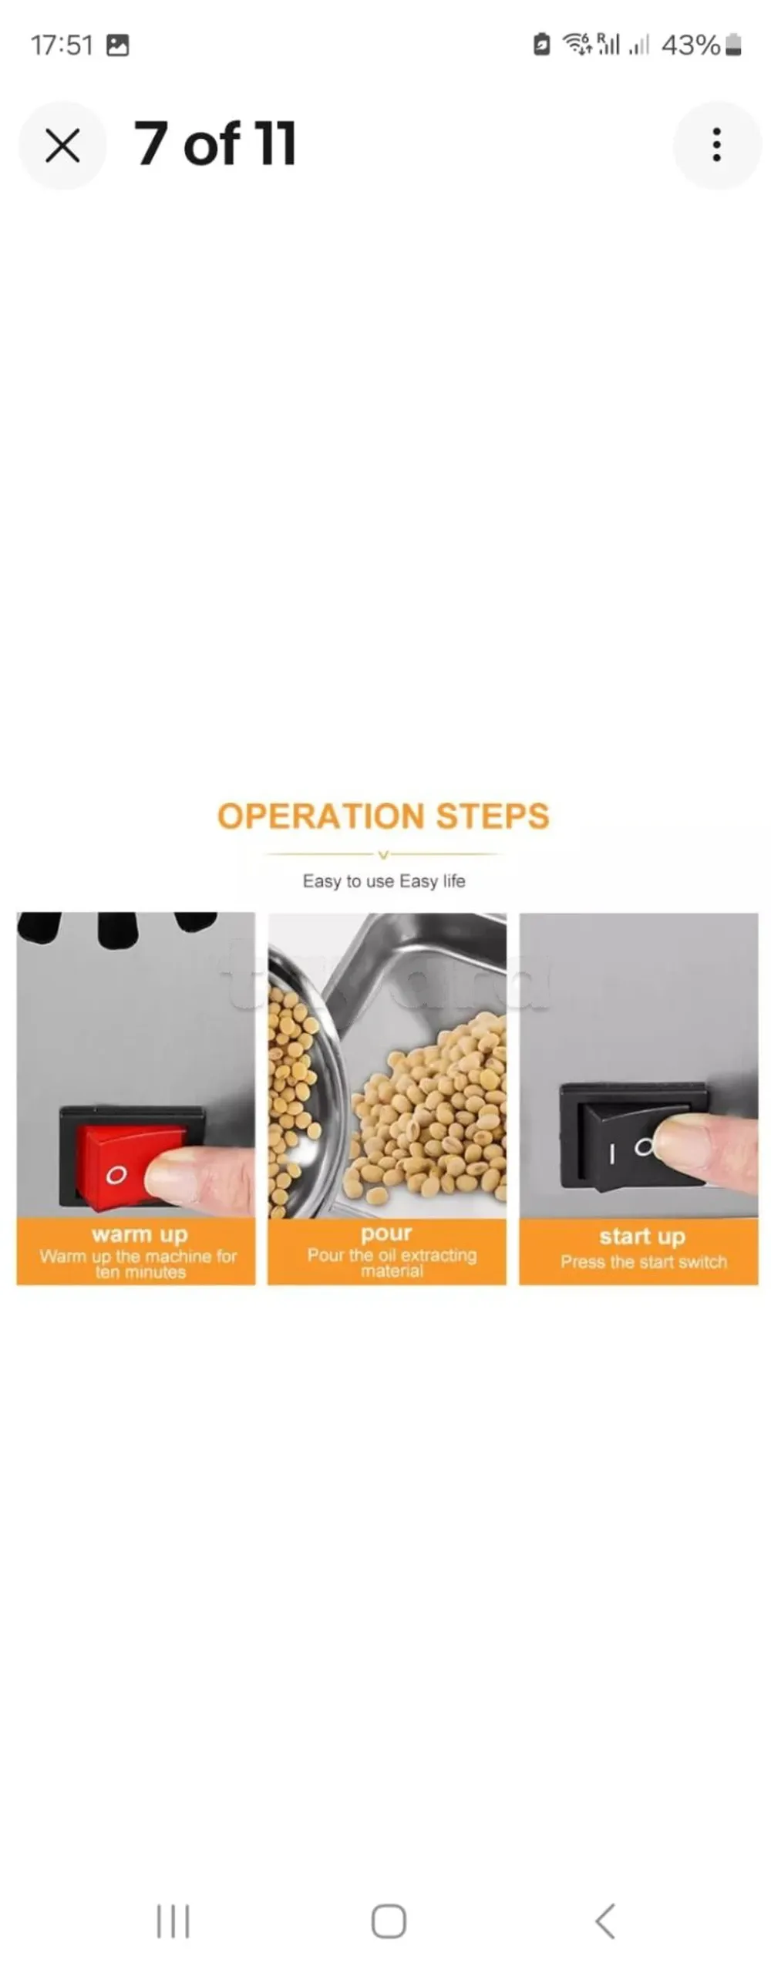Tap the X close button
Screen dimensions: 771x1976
coord(62,145)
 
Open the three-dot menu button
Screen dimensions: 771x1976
coord(716,145)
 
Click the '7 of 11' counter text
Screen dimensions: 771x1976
coord(215,144)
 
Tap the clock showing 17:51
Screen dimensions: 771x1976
coord(62,45)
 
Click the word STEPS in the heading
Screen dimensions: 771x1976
coord(493,816)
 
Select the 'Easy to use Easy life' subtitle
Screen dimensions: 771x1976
coord(384,881)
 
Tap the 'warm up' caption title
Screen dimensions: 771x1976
coord(140,1234)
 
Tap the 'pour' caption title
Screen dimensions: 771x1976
coord(386,1233)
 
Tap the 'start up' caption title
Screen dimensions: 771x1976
coord(642,1236)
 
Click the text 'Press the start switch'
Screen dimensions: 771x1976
coord(644,1262)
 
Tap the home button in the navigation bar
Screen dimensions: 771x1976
coord(389,1920)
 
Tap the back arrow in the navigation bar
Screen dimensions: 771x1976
coord(605,1920)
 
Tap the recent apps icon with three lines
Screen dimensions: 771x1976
coord(173,1920)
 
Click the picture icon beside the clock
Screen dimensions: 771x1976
coord(117,45)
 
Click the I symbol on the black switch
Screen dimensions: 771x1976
coord(611,1154)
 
